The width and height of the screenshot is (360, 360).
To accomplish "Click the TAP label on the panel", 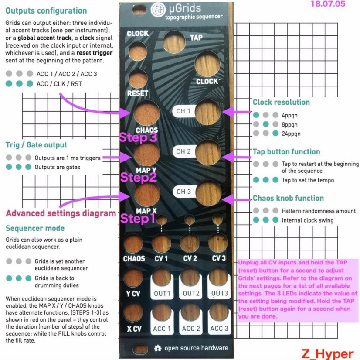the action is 196,38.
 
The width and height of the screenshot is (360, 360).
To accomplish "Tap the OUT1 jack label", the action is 162,294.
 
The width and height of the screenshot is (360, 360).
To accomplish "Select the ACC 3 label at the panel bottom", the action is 219,329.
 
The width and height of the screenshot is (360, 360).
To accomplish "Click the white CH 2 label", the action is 183,151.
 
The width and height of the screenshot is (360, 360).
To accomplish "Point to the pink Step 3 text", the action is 138,137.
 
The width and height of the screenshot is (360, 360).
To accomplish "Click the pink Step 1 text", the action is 138,218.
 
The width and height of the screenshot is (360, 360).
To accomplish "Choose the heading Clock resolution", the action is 281,102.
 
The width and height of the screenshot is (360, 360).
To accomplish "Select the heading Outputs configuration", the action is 46,11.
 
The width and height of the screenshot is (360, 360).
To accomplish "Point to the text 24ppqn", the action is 291,134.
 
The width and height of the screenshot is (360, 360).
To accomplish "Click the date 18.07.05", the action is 328,4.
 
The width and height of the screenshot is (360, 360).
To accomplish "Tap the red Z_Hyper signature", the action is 328,354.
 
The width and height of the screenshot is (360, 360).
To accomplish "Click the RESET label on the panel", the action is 138,93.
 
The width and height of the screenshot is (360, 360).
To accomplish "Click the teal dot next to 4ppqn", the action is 256,115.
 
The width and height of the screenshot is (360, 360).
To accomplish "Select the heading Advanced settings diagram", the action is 61,213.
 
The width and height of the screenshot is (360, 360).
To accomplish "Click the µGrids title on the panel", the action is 185,8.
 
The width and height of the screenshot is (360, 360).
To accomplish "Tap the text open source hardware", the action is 196,348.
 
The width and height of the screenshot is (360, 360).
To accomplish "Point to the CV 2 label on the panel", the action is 190,258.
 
